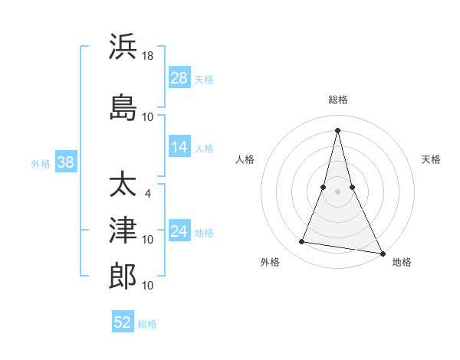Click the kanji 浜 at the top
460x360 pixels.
[x=123, y=47]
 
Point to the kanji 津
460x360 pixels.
[x=123, y=229]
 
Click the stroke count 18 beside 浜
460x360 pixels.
[x=148, y=57]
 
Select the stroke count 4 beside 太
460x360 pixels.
[x=148, y=193]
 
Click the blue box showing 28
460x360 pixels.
[x=179, y=78]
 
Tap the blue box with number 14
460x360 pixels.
[x=179, y=147]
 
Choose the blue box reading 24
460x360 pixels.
[x=179, y=231]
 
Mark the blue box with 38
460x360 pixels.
[x=65, y=162]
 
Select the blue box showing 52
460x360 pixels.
[x=123, y=322]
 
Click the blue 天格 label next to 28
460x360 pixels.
[x=203, y=79]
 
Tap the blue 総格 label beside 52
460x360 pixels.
[x=147, y=323]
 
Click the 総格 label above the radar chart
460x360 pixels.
[x=337, y=100]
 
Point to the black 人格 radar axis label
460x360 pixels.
[x=245, y=159]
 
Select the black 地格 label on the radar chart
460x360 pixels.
[x=402, y=262]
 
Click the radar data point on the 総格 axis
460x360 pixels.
[x=337, y=129]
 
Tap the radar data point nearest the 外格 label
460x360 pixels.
[x=302, y=242]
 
